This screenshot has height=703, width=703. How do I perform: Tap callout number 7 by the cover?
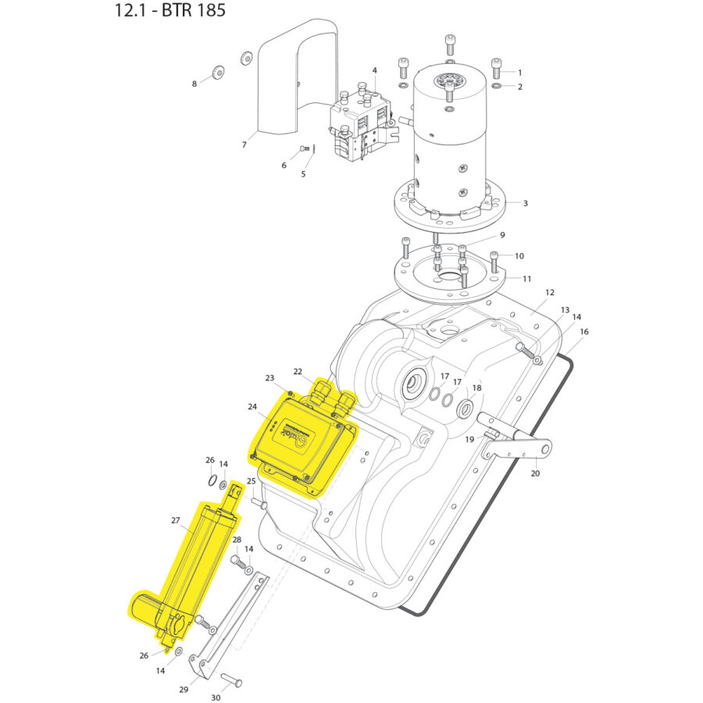(244, 145)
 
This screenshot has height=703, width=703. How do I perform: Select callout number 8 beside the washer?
(194, 84)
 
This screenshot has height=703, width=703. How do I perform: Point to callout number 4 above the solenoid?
(374, 70)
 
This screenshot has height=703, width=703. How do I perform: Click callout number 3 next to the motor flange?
(525, 203)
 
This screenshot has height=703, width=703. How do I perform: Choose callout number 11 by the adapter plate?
(527, 278)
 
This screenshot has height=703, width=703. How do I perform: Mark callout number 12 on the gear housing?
(550, 292)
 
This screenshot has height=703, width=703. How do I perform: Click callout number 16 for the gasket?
(584, 331)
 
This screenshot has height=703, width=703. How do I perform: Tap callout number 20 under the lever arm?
(535, 473)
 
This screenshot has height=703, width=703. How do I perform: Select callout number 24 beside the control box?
(252, 407)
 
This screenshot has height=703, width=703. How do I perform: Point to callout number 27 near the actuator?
(175, 520)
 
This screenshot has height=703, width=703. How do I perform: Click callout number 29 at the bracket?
(184, 690)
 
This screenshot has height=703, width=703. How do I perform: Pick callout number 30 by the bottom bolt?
(216, 698)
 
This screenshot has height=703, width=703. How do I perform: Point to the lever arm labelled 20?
(519, 449)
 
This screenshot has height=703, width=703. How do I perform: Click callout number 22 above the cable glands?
(298, 371)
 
